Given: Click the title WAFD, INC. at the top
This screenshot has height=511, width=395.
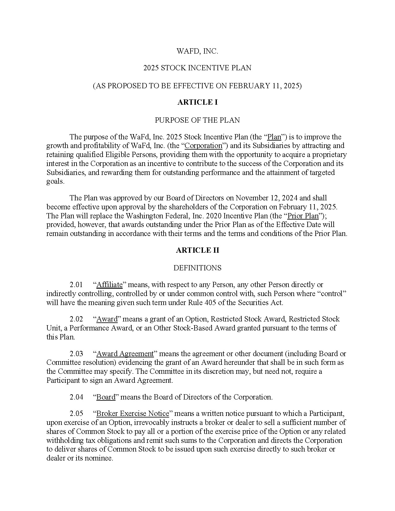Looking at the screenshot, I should click(197, 51).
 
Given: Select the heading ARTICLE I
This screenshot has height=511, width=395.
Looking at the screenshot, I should click(197, 103).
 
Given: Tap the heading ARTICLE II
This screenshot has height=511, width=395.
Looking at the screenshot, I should click(197, 250).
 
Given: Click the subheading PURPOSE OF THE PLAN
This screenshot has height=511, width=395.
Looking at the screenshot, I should click(197, 120).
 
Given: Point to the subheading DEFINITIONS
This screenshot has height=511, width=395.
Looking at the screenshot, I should click(197, 268).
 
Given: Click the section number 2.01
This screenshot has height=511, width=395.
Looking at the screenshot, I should click(76, 285).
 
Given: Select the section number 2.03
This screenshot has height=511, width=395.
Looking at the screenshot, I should click(76, 354).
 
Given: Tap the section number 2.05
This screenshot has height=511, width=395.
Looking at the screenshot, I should click(76, 413).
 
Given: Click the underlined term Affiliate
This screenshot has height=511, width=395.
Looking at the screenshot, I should click(110, 285).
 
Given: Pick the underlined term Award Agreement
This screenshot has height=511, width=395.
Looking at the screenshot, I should click(125, 354).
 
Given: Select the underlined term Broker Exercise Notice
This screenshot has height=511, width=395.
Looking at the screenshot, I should click(133, 413).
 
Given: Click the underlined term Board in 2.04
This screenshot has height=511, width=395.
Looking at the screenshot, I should click(106, 397).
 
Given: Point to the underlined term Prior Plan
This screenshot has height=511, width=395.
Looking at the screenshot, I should click(303, 216).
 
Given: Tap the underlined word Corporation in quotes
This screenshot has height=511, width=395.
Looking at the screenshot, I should click(204, 146).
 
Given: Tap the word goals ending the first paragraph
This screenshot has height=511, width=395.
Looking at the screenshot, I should click(55, 181).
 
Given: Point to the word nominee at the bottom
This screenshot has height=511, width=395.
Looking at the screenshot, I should click(100, 458).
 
